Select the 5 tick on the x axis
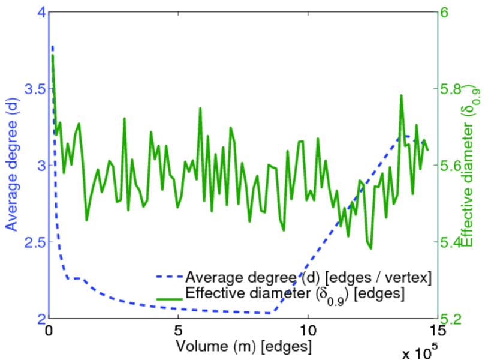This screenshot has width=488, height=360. (178, 331)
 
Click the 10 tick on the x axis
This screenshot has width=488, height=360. (308, 331)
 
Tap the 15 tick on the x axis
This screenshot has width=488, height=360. (437, 331)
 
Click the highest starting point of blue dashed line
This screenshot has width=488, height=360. (52, 46)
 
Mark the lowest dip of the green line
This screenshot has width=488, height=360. (371, 248)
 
